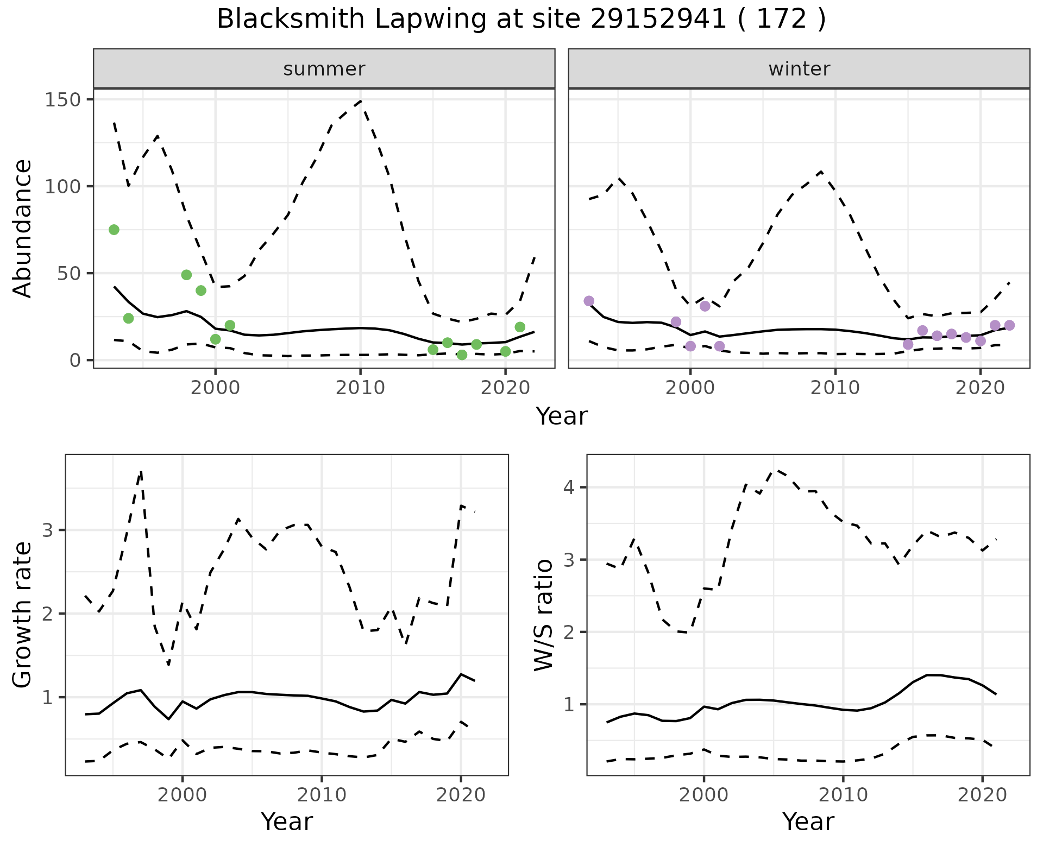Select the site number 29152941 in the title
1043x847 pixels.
click(658, 20)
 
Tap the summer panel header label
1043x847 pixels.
click(324, 69)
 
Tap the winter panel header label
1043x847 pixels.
click(799, 69)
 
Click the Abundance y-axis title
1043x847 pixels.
click(23, 229)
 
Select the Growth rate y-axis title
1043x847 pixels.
click(23, 615)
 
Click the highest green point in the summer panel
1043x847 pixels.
click(114, 230)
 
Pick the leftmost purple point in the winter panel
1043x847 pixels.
click(589, 301)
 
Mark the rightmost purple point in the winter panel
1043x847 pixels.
click(1009, 325)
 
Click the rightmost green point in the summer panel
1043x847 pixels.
click(520, 327)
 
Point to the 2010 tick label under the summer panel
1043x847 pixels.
click(360, 388)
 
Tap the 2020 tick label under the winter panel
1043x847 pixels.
click(980, 388)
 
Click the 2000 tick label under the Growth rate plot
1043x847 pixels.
click(183, 795)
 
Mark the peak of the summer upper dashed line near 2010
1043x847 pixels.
click(360, 100)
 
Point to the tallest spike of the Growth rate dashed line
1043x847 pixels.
click(141, 471)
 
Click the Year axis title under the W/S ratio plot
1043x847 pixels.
click(808, 822)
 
